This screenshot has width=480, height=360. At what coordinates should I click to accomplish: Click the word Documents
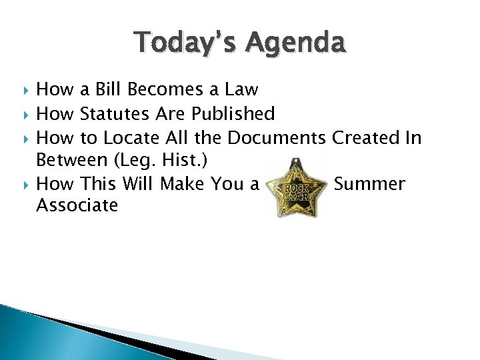[x=277, y=138]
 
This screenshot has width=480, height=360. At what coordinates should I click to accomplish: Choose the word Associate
[x=77, y=205]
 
